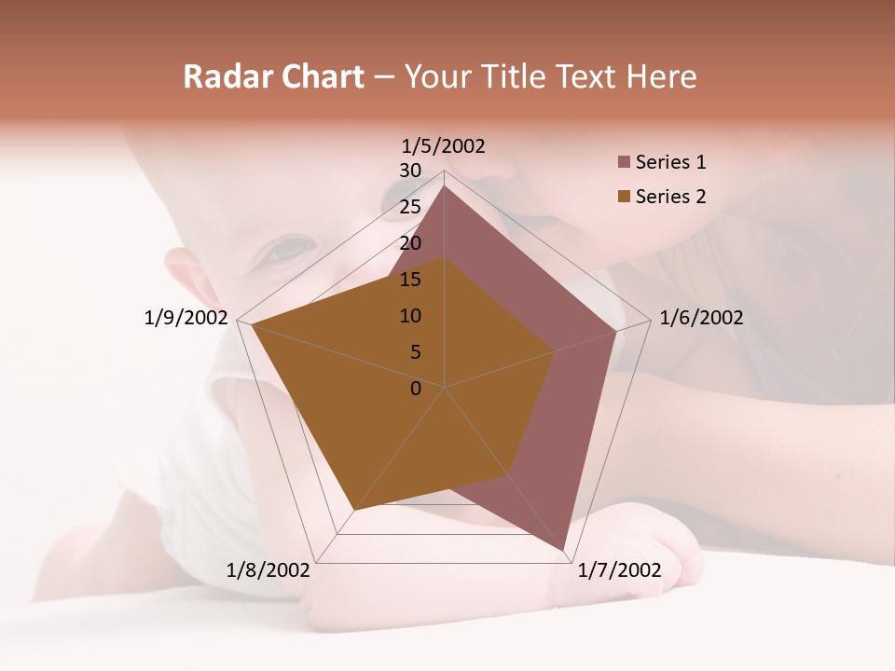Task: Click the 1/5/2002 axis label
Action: point(444,146)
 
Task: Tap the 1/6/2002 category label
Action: point(701,318)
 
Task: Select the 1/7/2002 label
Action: point(619,570)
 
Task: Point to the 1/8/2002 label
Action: point(268,570)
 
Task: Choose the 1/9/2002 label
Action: point(186,318)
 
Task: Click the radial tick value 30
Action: point(410,171)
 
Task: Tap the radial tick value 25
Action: point(410,207)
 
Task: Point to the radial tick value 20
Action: point(410,243)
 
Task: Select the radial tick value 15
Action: point(410,280)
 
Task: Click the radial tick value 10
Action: point(410,316)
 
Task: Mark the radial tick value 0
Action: point(416,389)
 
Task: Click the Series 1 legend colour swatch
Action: point(624,163)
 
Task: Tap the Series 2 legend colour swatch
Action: point(624,197)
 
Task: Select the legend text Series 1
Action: point(670,162)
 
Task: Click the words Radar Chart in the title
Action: point(273,77)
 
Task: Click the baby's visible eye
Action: point(292,250)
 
